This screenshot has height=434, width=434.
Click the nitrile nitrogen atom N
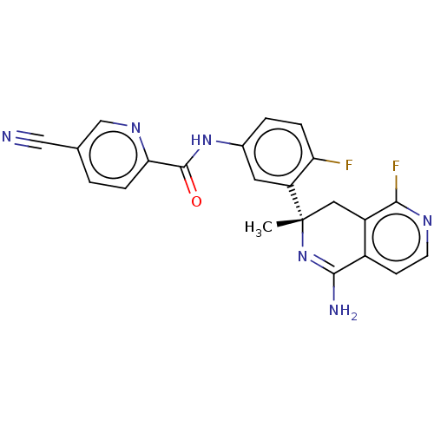[x=7, y=136]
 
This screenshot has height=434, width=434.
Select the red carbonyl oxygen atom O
[x=196, y=201]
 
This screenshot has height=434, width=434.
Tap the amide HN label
[x=201, y=141]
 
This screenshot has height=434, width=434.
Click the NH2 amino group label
[x=343, y=311]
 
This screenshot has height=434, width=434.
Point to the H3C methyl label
[x=259, y=227]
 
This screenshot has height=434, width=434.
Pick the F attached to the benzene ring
[x=349, y=165]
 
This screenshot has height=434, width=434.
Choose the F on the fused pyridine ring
[x=396, y=167]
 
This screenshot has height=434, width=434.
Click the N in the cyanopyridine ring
[x=135, y=128]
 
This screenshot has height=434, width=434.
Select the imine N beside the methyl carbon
[x=303, y=256]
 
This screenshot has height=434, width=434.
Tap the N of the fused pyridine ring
[x=427, y=220]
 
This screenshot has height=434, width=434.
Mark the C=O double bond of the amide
[x=189, y=180]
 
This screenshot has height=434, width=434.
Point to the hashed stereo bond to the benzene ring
[x=296, y=202]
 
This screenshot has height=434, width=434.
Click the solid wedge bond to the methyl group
[x=289, y=222]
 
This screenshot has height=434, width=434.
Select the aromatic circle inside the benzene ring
[x=279, y=152]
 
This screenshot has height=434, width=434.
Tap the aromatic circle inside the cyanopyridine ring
[x=114, y=155]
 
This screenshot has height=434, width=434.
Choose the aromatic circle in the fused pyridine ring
[x=396, y=238]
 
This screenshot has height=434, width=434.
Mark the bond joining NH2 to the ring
[x=334, y=287]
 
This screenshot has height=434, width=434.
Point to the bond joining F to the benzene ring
[x=327, y=161]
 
